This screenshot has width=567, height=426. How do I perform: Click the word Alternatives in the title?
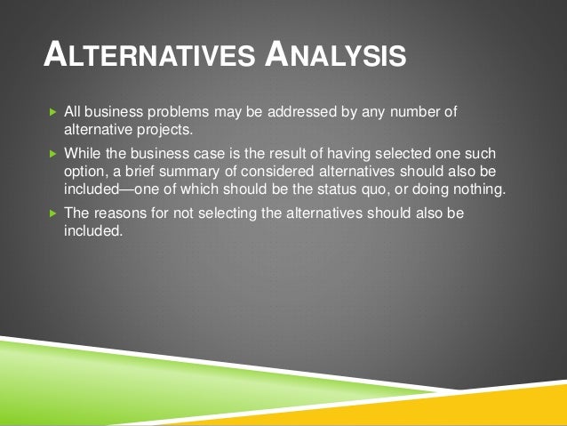point(146,56)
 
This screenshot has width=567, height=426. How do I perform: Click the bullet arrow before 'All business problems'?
point(52,112)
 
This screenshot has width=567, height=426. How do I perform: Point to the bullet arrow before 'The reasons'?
point(52,214)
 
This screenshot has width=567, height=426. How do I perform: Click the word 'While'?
point(83,152)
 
